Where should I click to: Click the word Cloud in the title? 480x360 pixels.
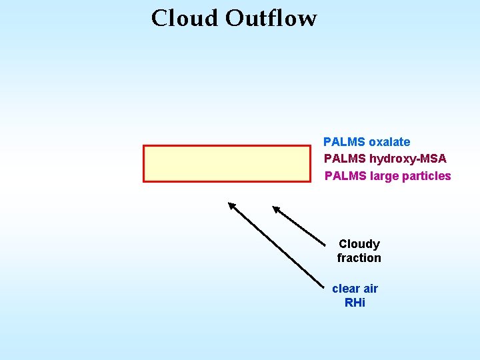tap(185, 18)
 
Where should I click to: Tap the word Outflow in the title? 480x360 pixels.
tap(271, 18)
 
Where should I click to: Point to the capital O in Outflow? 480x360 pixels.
tap(235, 18)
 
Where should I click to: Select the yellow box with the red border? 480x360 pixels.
tap(227, 163)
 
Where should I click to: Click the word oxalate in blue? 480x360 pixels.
tap(389, 142)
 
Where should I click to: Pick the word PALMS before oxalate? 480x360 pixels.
tap(344, 142)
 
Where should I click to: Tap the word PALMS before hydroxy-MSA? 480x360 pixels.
tap(345, 159)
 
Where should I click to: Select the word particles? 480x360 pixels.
tap(427, 176)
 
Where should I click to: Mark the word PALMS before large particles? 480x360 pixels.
tap(345, 176)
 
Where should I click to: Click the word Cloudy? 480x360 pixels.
tap(359, 244)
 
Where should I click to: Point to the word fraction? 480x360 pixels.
tap(359, 258)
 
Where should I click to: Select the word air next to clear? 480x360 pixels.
tap(369, 289)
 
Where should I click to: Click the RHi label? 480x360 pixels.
tap(355, 303)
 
